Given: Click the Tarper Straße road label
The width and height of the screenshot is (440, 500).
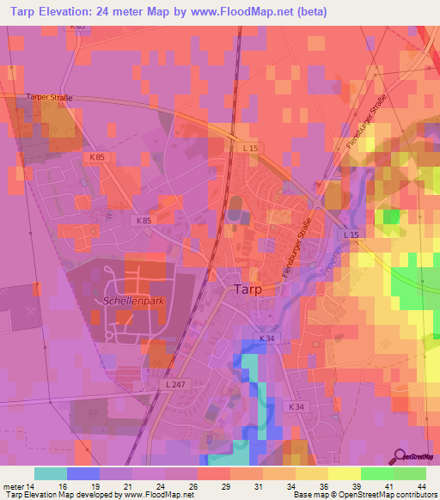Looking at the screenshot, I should point(49,98).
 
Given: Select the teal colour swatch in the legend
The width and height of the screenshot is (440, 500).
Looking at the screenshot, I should point(51,473).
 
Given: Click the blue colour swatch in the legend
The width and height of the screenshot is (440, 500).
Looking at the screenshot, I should point(83,473).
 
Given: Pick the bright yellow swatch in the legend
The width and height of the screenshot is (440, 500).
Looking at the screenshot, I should point(343,473).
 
